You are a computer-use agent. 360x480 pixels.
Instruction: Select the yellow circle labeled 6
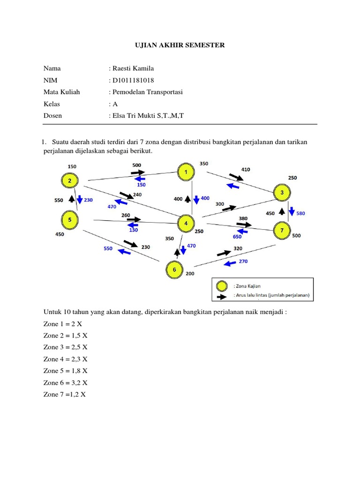point(174,270)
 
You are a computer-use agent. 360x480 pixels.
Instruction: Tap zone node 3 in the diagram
point(282,193)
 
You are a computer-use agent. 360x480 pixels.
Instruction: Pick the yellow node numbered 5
point(70,219)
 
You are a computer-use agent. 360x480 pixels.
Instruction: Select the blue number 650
point(237,237)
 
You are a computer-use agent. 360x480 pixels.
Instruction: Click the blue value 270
point(243,261)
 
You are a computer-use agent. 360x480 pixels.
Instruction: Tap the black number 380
point(243,218)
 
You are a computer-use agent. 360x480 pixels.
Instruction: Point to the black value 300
point(219,204)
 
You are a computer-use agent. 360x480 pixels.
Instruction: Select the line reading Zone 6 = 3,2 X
point(66,382)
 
